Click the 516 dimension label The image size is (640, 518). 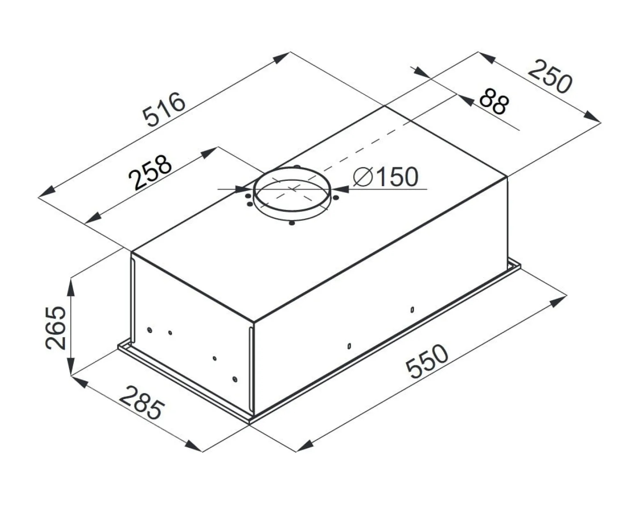point(164,109)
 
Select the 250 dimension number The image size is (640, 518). point(550,77)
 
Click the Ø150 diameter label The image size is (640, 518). point(386,177)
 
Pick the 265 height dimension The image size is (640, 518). point(55,328)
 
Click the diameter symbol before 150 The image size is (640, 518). point(363,177)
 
